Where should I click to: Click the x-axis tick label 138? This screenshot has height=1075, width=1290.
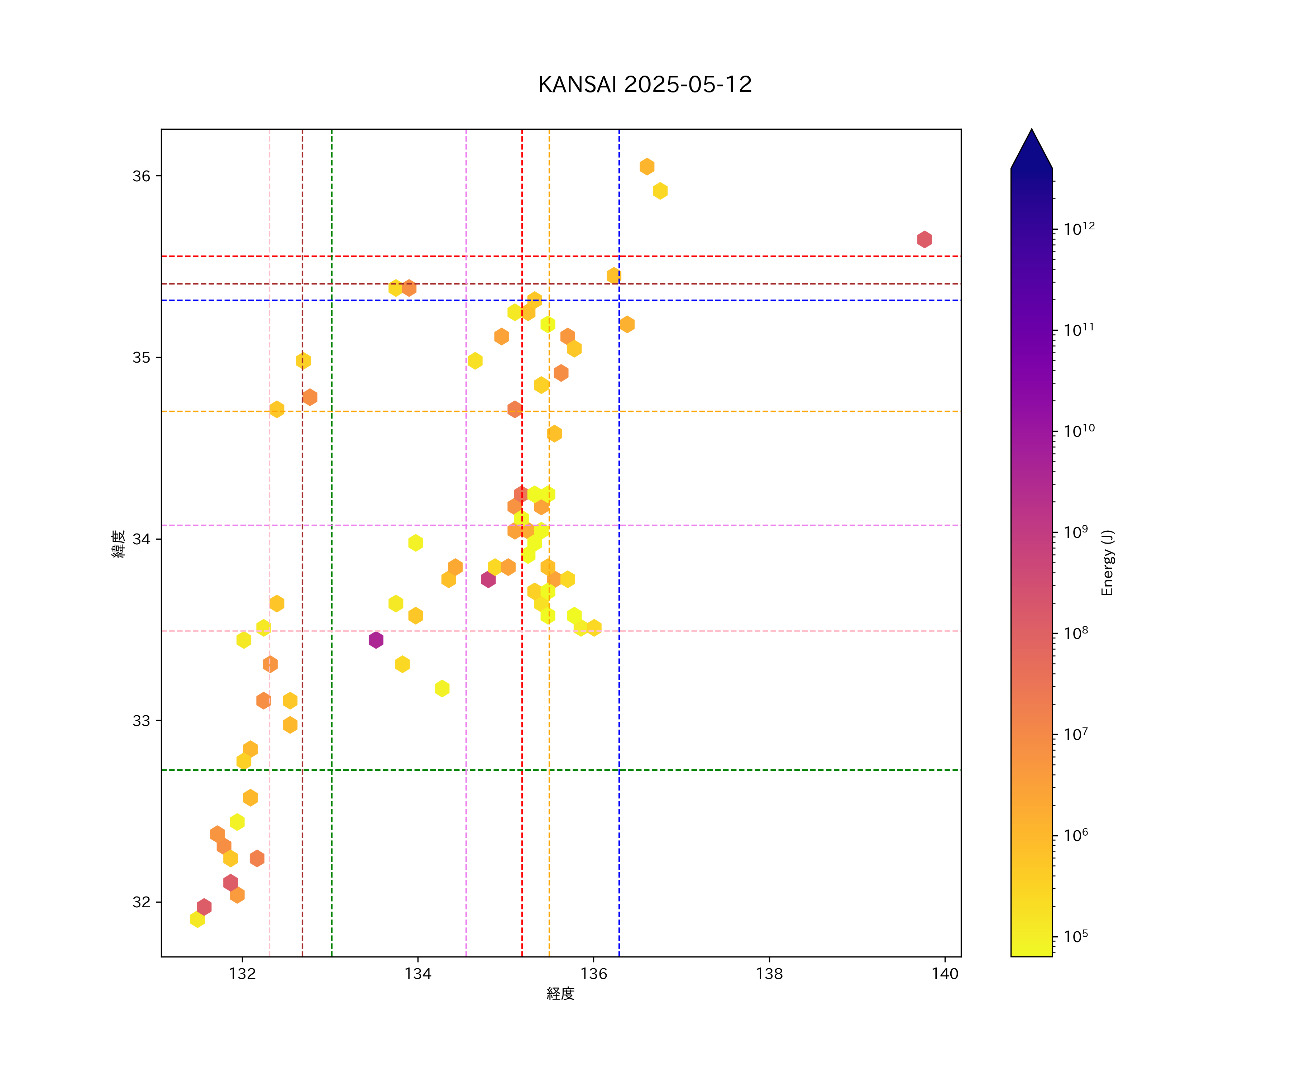pos(769,974)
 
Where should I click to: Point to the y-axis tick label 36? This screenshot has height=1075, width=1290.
pos(141,176)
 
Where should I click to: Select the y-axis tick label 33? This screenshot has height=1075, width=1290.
pos(141,721)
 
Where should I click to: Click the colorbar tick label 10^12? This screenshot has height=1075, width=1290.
pos(1079,229)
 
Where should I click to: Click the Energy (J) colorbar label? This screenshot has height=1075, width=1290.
pos(1107,563)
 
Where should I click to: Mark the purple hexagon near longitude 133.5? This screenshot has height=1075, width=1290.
pos(376,640)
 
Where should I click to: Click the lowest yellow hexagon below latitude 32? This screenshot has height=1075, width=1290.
pos(197,919)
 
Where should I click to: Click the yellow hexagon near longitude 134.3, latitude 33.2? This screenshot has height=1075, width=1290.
pos(442,688)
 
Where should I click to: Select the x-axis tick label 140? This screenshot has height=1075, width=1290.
pos(945,974)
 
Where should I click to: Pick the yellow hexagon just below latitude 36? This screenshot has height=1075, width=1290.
pos(660,191)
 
